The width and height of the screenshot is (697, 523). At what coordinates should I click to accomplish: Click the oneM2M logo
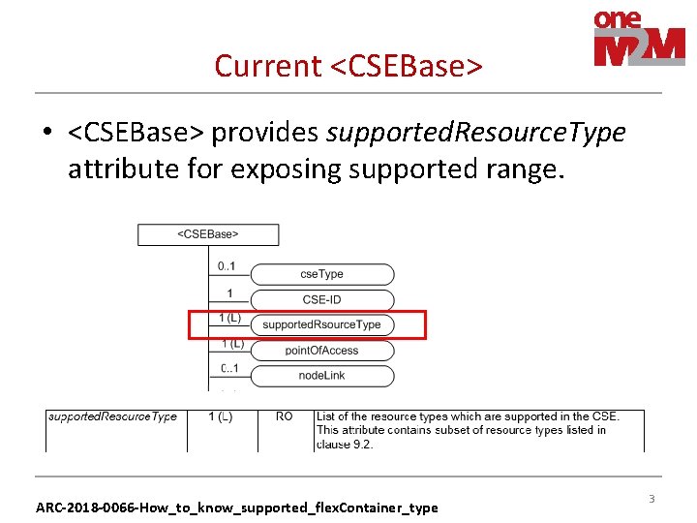(x=639, y=39)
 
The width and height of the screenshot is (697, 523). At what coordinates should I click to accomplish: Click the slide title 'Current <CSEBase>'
(x=348, y=66)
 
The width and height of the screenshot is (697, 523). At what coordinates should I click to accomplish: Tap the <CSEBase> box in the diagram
(x=208, y=234)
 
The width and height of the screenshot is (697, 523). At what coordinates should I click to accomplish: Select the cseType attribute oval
(x=321, y=274)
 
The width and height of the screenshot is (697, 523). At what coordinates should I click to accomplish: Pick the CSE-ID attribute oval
(x=321, y=299)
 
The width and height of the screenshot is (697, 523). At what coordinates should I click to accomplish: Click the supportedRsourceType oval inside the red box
(x=321, y=324)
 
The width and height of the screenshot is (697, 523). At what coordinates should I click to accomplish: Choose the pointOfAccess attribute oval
(x=321, y=350)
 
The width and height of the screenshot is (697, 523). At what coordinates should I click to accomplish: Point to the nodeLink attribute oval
(x=321, y=375)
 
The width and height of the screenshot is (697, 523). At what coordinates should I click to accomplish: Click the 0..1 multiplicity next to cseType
(x=228, y=265)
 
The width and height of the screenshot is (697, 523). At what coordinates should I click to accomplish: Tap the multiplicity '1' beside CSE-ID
(x=229, y=292)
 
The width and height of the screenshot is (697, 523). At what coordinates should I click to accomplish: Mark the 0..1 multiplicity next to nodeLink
(x=229, y=367)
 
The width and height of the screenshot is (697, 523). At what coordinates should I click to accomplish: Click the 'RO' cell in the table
(x=284, y=416)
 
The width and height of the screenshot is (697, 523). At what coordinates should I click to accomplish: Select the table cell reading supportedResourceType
(x=112, y=416)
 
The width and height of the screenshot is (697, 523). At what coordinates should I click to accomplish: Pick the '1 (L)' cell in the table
(x=221, y=416)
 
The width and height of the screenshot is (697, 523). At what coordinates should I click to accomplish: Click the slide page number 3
(x=652, y=499)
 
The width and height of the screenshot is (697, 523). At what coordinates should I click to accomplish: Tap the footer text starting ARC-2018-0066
(x=236, y=507)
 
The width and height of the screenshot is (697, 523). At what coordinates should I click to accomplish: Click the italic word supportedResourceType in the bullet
(x=475, y=132)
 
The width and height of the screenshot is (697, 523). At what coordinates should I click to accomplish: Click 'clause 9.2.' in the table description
(x=344, y=445)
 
